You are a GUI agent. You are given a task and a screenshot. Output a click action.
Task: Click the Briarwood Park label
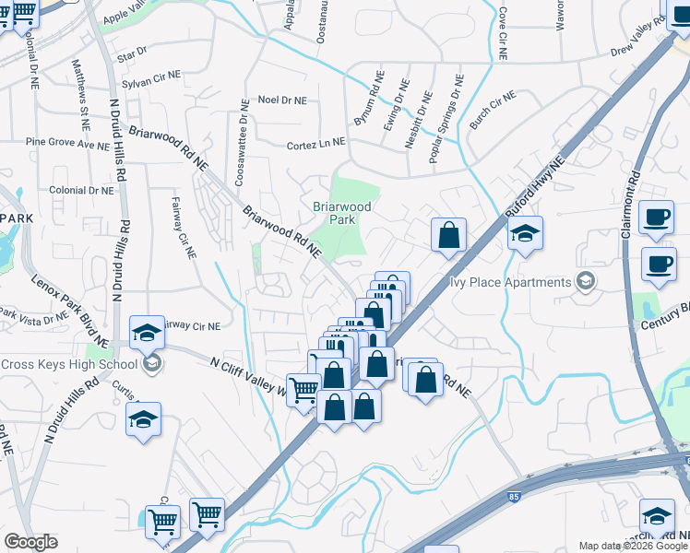(x=341, y=214)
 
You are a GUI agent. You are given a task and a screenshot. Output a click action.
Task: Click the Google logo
(x=30, y=542)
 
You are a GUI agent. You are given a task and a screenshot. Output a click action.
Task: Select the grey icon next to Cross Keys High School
(x=153, y=363)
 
